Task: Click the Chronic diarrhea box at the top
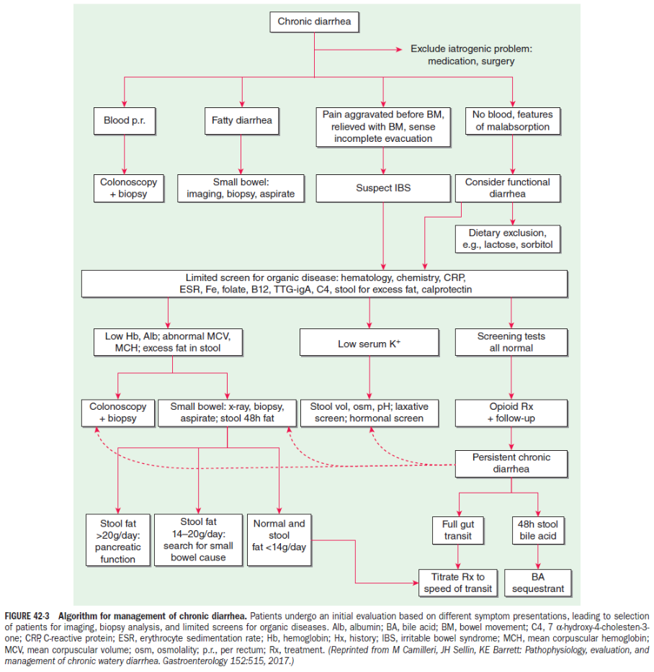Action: [x=314, y=22]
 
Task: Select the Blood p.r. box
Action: [x=125, y=121]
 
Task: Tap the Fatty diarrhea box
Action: [x=242, y=121]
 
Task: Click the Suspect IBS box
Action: [x=383, y=188]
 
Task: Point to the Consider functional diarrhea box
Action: [x=508, y=188]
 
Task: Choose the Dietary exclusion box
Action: [x=508, y=239]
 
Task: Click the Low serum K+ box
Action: [x=369, y=342]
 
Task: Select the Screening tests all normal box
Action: [x=511, y=342]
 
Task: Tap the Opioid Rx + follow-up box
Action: [x=511, y=413]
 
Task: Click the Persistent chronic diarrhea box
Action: [x=511, y=464]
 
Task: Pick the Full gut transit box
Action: [x=457, y=531]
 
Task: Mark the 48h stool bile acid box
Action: [x=538, y=531]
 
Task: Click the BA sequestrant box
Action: [x=538, y=583]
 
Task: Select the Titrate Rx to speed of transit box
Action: [x=457, y=583]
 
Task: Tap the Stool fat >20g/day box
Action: [x=118, y=540]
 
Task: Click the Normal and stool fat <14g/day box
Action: [x=279, y=540]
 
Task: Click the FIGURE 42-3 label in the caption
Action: [x=27, y=617]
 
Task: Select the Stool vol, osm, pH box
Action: [x=369, y=413]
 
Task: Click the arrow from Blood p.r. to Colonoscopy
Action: [x=125, y=154]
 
